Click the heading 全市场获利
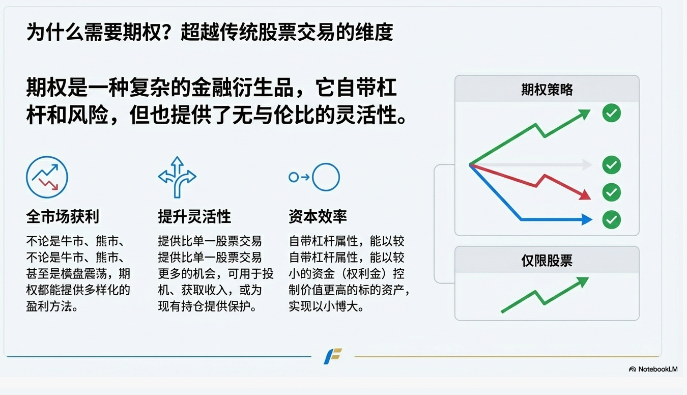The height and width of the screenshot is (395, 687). click(63, 216)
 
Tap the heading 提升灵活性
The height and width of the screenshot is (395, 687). click(194, 216)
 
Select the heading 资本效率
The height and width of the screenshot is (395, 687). click(318, 216)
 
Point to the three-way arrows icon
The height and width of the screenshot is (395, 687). click(177, 177)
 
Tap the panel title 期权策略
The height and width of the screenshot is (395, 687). click(547, 90)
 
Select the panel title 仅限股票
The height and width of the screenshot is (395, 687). click(547, 261)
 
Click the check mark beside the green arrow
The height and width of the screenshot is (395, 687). click(612, 113)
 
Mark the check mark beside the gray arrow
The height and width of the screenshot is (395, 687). click(612, 165)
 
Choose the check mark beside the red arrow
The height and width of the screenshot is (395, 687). click(612, 192)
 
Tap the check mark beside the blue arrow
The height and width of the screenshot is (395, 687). click(612, 219)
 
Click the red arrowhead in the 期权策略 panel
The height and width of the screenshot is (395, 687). click(585, 195)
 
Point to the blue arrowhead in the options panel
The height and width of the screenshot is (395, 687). click(587, 219)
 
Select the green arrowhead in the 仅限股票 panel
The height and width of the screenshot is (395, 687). click(583, 281)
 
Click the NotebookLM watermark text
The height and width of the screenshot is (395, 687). click(658, 369)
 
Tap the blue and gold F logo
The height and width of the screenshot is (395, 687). click(333, 356)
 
